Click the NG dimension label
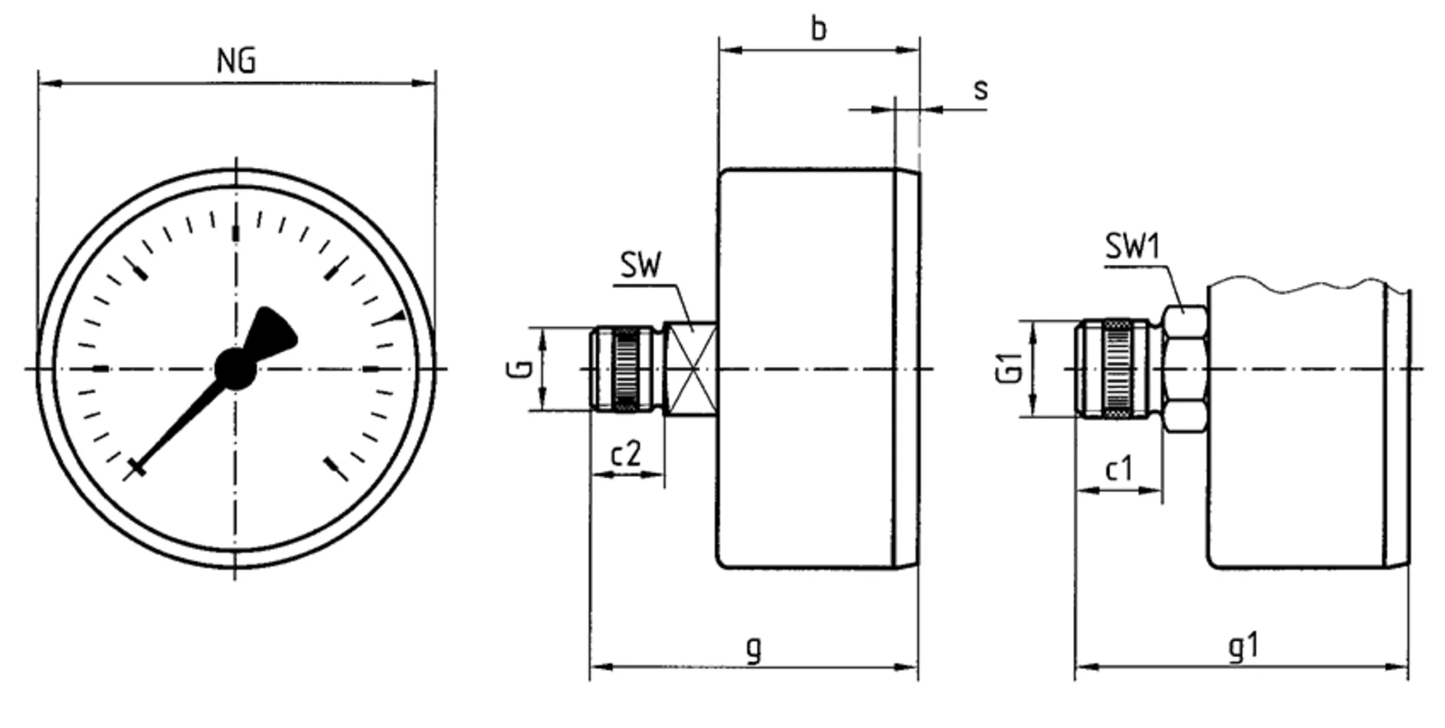[236, 60]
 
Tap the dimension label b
[819, 29]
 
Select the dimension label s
[980, 89]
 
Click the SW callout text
[640, 265]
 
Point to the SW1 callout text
[1133, 246]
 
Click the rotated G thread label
[519, 369]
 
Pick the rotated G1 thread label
[1010, 368]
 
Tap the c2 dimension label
[625, 453]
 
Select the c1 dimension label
[1118, 469]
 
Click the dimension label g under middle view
[753, 648]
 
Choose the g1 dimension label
[1243, 646]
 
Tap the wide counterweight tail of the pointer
[274, 332]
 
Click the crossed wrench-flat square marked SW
[690, 369]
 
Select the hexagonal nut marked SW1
[1185, 369]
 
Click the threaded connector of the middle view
[627, 369]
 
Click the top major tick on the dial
[236, 232]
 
